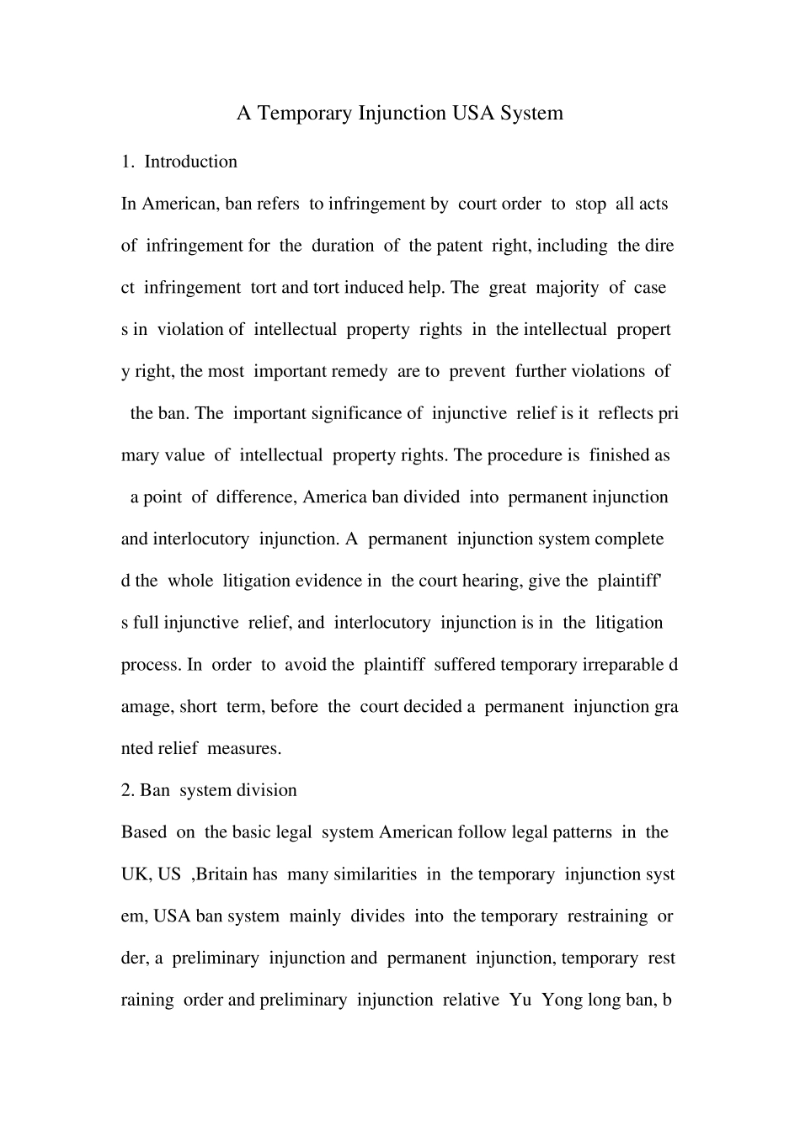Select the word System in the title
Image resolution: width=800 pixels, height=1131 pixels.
531,113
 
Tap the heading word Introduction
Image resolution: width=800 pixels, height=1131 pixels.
191,162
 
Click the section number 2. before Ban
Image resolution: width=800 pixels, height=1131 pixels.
128,790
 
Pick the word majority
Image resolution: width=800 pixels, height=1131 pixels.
568,288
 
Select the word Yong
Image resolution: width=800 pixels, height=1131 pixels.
562,1000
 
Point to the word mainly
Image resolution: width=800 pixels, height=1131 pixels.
314,916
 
